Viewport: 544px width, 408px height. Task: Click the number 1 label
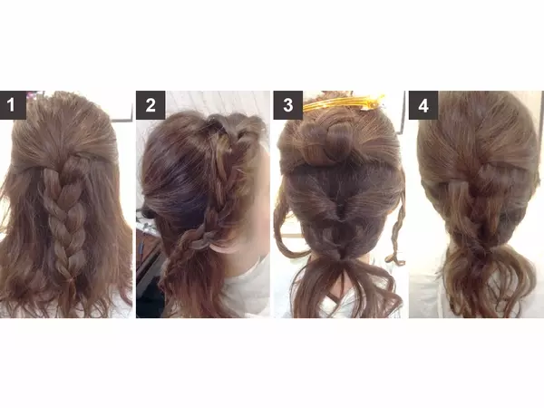click(13, 105)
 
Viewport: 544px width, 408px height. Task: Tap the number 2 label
click(151, 105)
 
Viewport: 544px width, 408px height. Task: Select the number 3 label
click(287, 105)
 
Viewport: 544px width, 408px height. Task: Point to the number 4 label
click(423, 105)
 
